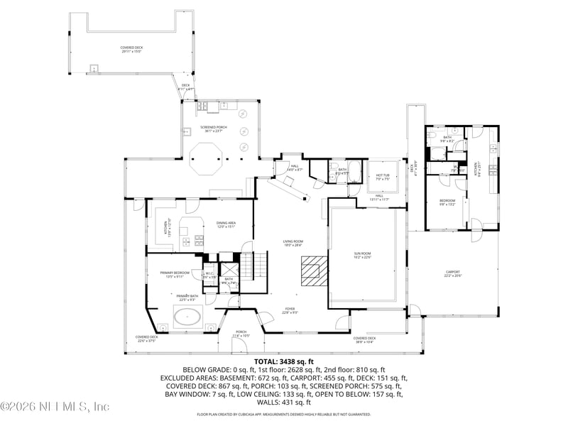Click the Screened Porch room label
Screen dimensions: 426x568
211,129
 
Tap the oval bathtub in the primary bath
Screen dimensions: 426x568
187,316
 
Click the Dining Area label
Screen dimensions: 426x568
226,225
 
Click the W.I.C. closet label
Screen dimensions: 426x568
209,275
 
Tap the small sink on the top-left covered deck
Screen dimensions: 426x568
92,69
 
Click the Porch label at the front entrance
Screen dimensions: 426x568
241,333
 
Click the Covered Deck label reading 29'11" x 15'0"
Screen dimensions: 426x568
132,50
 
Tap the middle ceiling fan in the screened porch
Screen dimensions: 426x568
244,131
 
